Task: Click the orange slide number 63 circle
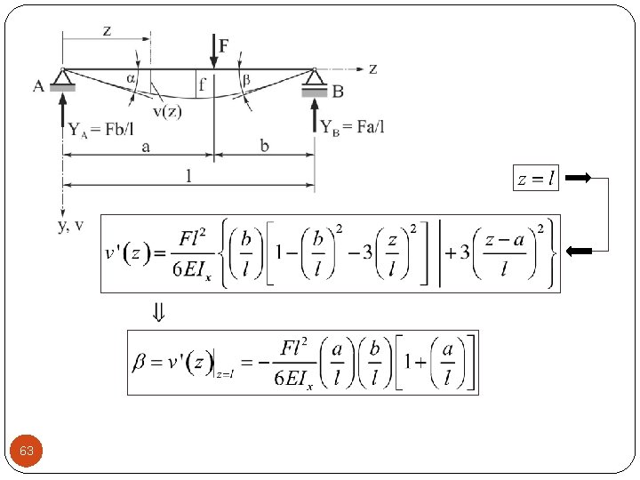click(27, 452)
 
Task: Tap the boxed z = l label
click(536, 179)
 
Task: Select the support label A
click(38, 86)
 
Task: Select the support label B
click(338, 91)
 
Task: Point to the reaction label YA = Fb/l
click(101, 129)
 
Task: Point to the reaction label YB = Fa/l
click(353, 127)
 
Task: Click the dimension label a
click(146, 147)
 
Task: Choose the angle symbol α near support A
click(132, 78)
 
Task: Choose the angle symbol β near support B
click(246, 79)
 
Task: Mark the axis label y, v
click(71, 226)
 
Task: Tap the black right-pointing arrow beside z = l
click(578, 179)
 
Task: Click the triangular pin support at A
click(62, 77)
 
